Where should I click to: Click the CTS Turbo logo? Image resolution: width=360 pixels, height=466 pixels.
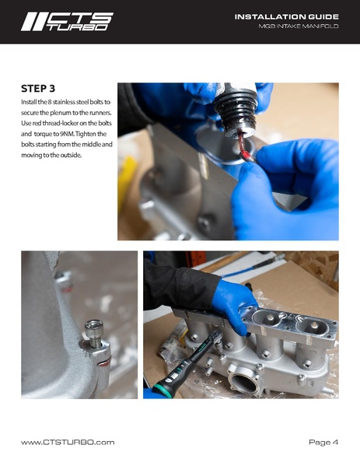click(x=67, y=22)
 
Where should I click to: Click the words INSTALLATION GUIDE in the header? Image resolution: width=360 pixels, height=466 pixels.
click(x=287, y=17)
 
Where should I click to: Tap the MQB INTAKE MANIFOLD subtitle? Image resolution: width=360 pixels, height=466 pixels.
click(x=299, y=26)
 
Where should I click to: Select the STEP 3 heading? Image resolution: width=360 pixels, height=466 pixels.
click(x=38, y=89)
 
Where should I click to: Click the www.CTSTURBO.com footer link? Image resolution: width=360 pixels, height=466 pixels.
click(x=68, y=442)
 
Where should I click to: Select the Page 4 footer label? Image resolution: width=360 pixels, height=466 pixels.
click(x=323, y=442)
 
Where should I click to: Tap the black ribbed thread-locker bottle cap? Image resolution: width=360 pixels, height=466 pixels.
click(x=236, y=110)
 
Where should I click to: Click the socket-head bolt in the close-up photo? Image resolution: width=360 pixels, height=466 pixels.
click(x=94, y=334)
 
